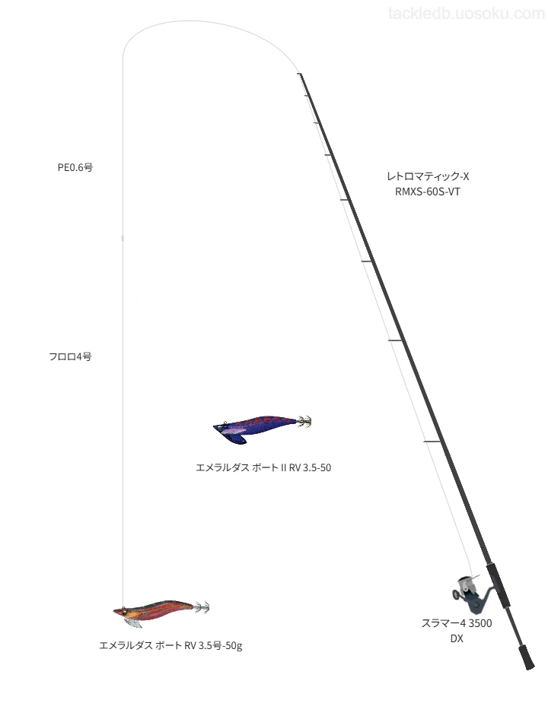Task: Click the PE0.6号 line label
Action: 75,167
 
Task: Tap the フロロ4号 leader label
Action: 70,356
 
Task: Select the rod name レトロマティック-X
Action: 428,176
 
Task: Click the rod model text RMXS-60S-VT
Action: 428,192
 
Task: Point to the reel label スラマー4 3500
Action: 457,623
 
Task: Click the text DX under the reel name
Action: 457,638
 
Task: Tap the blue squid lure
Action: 262,428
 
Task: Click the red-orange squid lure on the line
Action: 161,612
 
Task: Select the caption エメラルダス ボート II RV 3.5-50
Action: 263,467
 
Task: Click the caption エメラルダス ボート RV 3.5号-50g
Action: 170,645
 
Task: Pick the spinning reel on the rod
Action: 471,594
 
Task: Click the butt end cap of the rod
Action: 527,657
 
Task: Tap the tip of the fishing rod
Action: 299,74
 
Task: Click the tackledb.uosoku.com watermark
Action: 467,14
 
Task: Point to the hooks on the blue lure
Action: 304,421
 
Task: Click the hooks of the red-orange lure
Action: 202,607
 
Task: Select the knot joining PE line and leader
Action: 123,238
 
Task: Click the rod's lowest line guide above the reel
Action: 432,442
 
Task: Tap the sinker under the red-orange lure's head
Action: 134,622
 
